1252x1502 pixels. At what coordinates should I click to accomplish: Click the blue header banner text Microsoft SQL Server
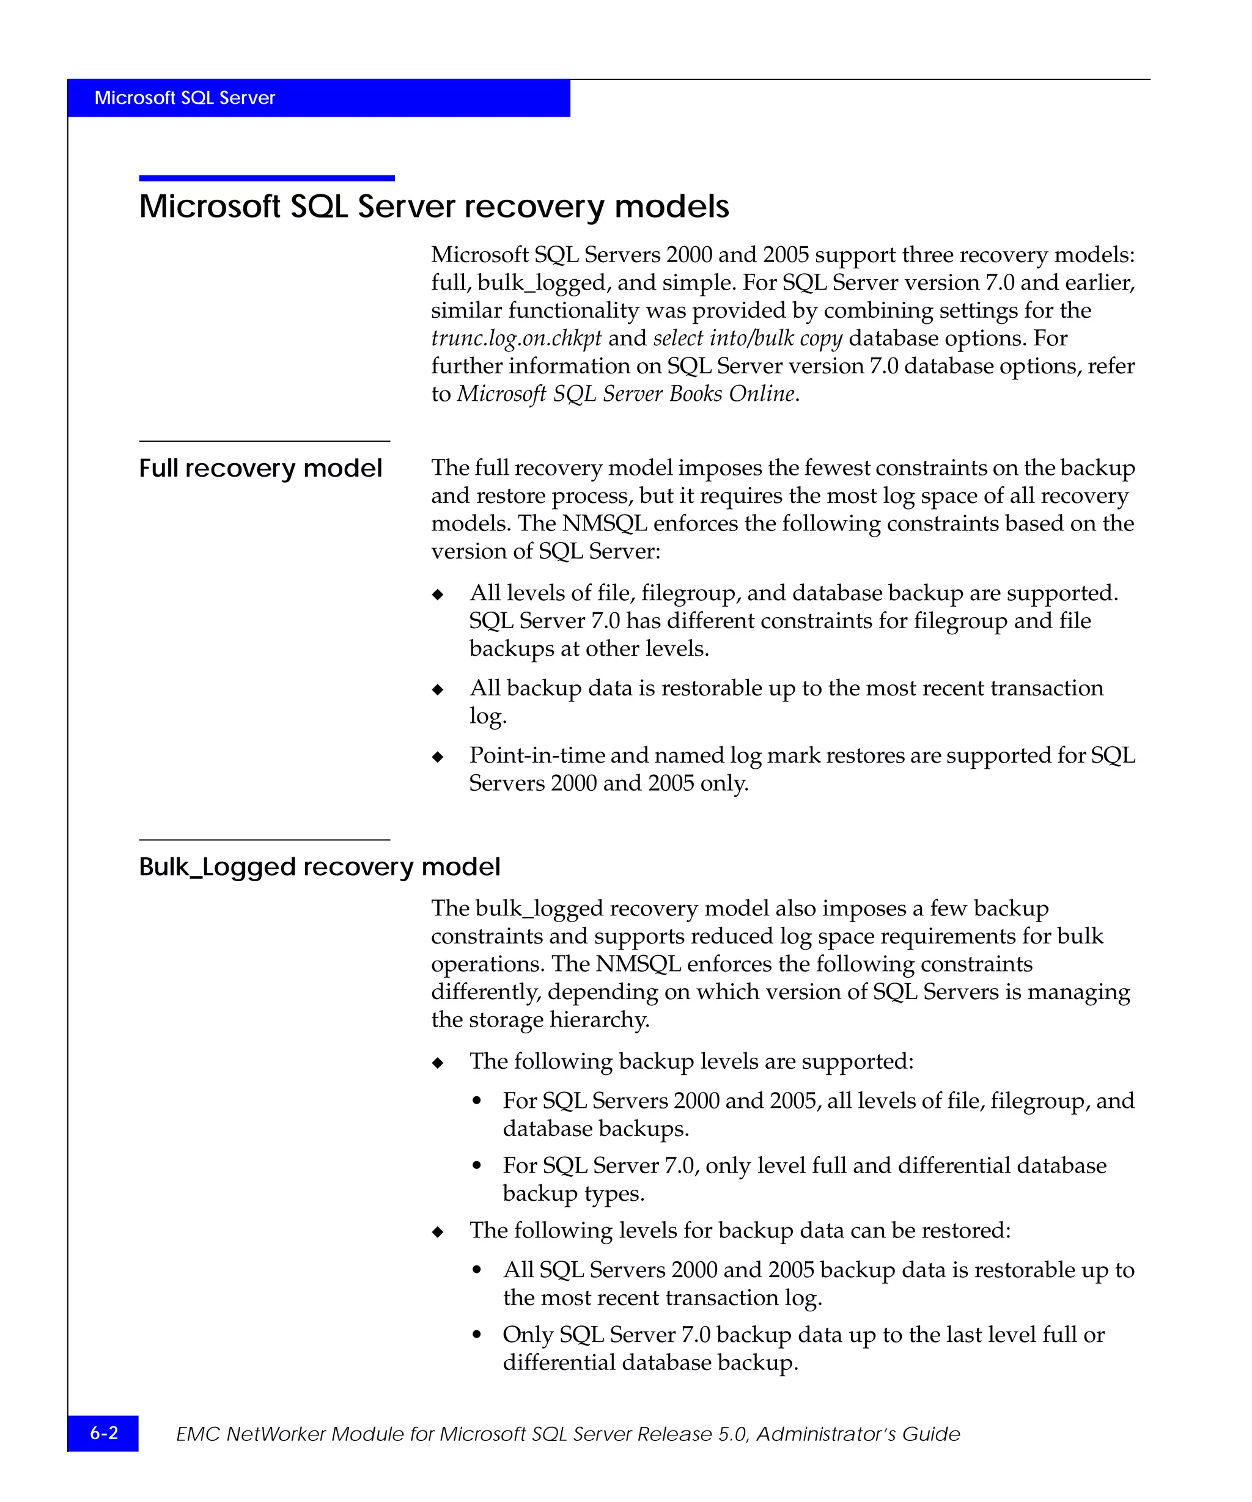point(185,98)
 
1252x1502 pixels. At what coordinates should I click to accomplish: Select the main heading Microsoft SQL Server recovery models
point(433,207)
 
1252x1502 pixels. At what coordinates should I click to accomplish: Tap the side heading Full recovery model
point(260,469)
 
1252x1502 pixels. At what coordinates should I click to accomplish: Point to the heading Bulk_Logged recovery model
point(319,867)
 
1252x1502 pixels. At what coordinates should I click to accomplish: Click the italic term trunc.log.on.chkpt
point(516,339)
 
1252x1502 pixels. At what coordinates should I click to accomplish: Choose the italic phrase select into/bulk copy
point(747,339)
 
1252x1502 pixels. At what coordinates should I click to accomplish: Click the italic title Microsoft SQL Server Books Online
point(626,394)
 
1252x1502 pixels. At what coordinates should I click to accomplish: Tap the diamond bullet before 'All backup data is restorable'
point(438,689)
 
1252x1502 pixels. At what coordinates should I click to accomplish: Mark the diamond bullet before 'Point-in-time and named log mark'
point(438,756)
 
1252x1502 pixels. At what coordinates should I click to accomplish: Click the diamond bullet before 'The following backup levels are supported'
point(438,1063)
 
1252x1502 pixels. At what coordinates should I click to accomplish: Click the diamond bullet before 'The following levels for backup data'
point(438,1232)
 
